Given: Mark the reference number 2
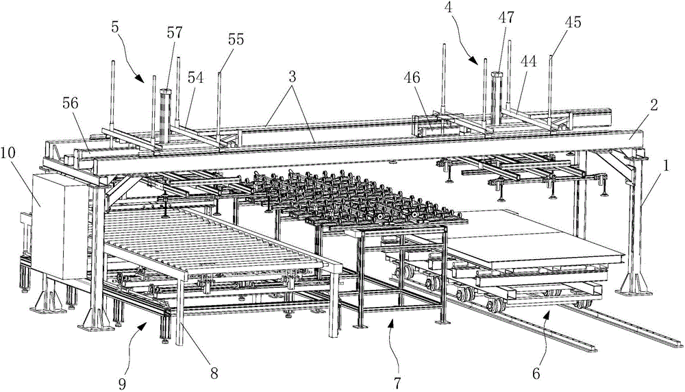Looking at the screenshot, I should tap(653, 105).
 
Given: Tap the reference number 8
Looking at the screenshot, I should tap(213, 374).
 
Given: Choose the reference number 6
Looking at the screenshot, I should tap(536, 373).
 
